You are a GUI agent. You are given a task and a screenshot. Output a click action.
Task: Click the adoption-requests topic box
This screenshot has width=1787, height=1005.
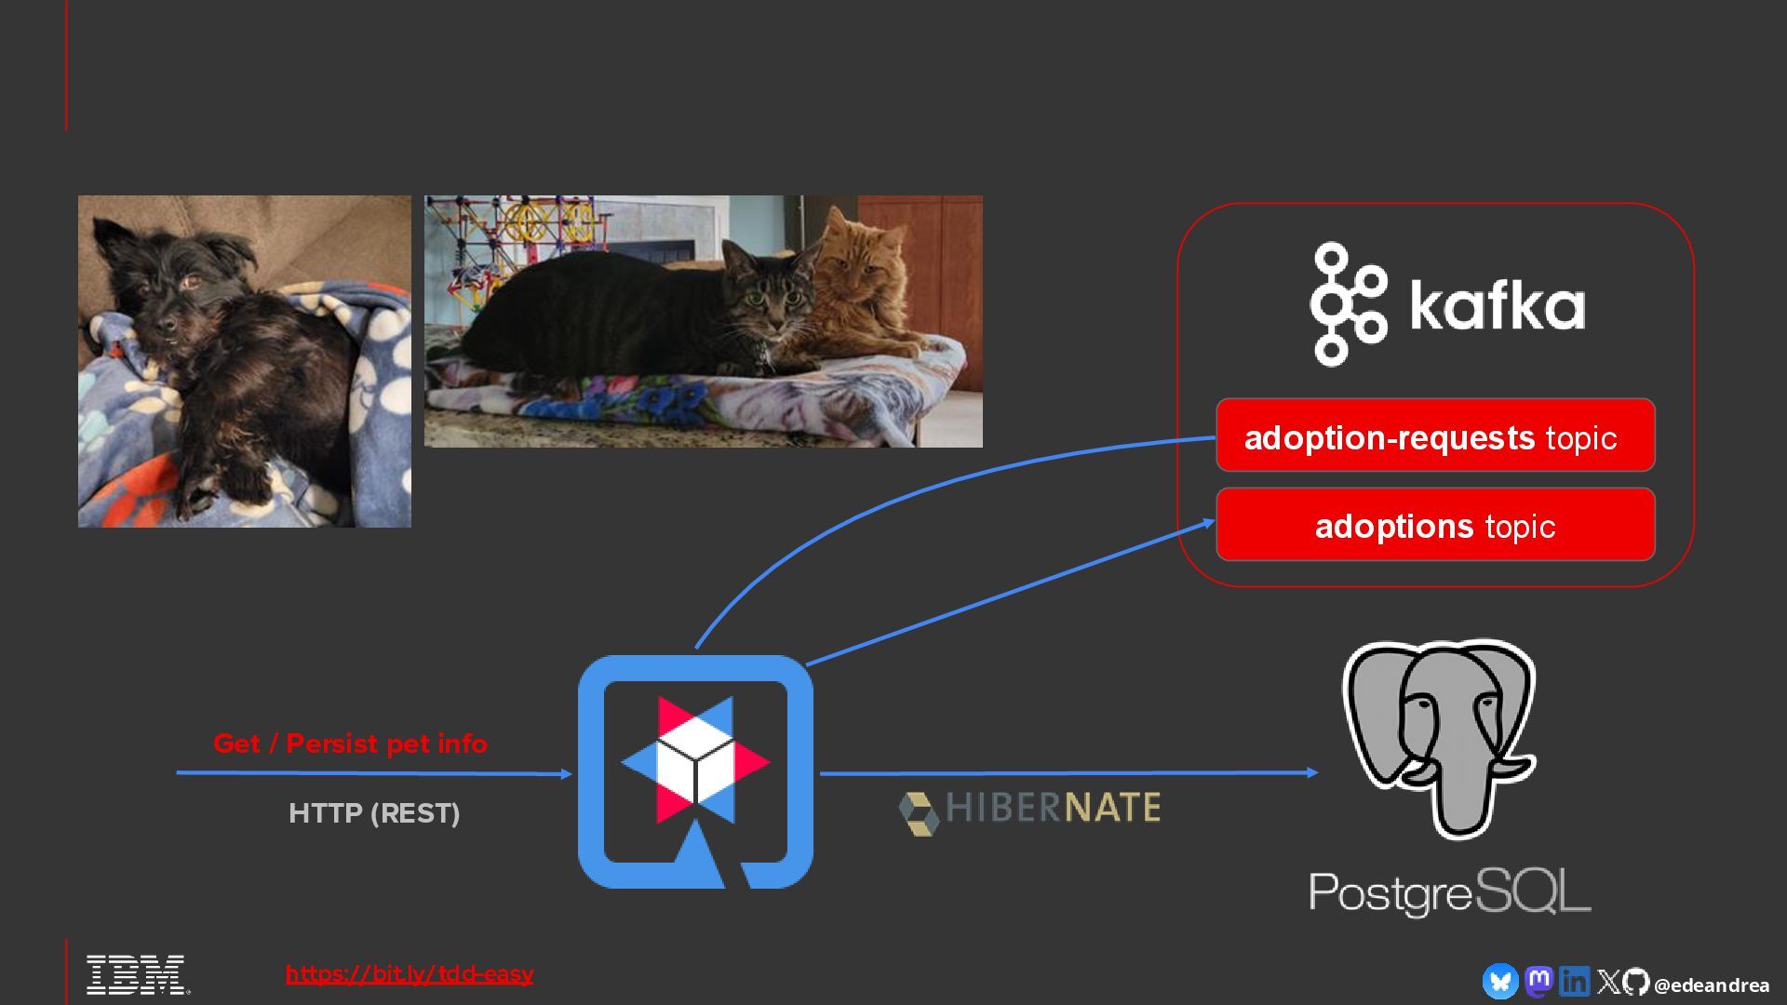pos(1434,435)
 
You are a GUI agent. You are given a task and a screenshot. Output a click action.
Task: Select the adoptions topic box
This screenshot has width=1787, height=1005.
pos(1434,525)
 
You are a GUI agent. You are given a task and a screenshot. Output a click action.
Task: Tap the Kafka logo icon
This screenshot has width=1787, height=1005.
pos(1347,304)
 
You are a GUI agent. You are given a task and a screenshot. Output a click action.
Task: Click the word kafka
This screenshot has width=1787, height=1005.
pos(1497,304)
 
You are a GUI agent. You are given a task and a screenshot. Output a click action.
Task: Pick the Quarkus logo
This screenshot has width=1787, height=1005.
pos(695,771)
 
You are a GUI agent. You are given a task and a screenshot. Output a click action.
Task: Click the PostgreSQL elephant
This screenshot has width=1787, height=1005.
pos(1439,736)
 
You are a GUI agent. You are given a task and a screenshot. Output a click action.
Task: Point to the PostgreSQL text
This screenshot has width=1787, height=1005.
pos(1449,892)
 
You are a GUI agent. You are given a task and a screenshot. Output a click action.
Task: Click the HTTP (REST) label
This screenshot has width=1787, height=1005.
pos(374,813)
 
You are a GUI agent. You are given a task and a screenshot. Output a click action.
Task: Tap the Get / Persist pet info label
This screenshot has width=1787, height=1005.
pos(350,744)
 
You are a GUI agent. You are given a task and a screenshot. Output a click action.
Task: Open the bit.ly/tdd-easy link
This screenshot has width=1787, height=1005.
pos(410,973)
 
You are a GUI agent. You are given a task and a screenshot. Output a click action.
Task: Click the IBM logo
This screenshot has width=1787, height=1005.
pos(136,974)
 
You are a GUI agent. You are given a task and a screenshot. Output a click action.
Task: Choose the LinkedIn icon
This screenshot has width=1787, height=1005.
pos(1574,981)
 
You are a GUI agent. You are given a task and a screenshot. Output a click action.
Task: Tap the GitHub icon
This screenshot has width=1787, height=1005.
pos(1636,982)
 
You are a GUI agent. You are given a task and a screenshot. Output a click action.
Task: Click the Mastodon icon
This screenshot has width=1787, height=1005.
pos(1538,981)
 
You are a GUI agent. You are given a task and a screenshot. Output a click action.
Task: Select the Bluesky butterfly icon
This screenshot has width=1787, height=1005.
pos(1499,982)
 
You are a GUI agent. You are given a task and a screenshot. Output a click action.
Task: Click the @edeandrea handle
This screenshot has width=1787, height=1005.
pos(1712,985)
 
